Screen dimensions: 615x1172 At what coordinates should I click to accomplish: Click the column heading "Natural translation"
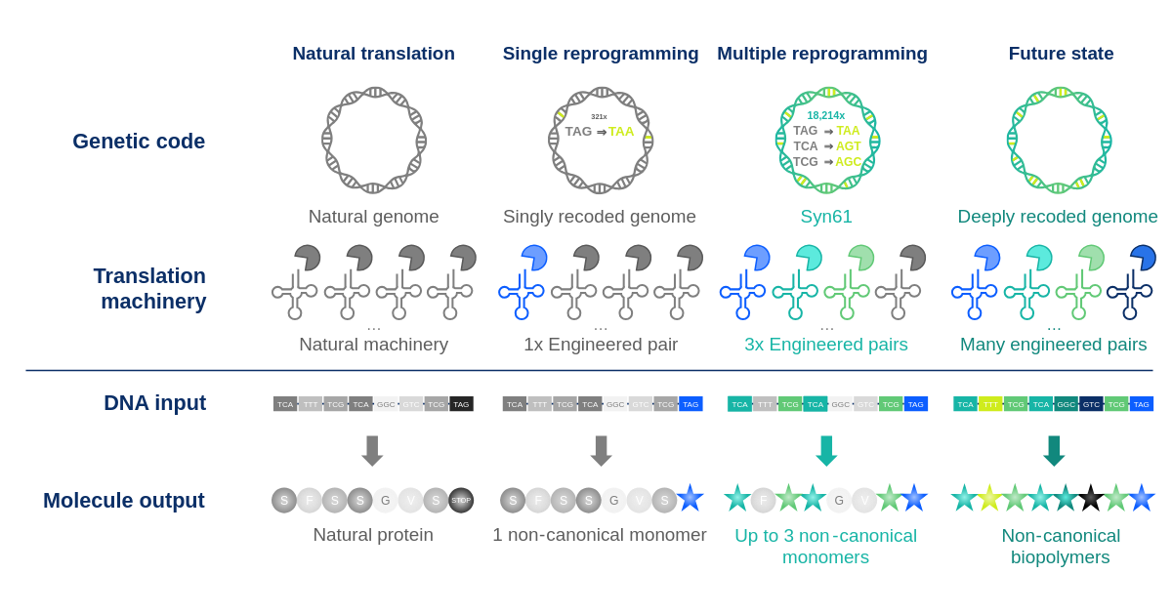(373, 54)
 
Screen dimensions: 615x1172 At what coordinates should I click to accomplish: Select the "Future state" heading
(1061, 54)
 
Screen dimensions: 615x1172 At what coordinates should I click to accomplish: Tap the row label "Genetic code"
(139, 142)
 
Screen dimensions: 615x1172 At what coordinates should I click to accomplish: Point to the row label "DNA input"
(154, 403)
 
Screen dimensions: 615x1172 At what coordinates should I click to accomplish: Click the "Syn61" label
(826, 217)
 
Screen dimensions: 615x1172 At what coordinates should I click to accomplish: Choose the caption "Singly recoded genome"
(599, 217)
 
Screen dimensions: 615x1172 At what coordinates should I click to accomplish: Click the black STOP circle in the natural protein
(461, 500)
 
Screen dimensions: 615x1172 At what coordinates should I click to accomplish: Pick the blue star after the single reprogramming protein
(691, 500)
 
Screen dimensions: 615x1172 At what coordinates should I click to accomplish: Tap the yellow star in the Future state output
(989, 500)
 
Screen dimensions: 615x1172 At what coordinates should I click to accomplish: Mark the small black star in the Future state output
(1091, 500)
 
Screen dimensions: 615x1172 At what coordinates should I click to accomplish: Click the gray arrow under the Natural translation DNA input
(372, 450)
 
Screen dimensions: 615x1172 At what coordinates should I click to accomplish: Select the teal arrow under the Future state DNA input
(1053, 450)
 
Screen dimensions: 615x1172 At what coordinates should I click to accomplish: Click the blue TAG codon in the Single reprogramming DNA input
(691, 404)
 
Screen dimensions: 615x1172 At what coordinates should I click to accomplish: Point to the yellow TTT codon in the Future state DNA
(990, 404)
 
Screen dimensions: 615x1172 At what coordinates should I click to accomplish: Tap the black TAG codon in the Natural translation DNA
(461, 404)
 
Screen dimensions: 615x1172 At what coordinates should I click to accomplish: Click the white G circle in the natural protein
(385, 500)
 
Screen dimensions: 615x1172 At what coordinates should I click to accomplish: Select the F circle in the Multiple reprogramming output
(763, 500)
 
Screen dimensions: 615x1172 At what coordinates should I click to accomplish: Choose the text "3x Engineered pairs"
(826, 345)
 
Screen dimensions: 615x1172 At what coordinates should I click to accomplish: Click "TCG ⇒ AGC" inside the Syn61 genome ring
(826, 161)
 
